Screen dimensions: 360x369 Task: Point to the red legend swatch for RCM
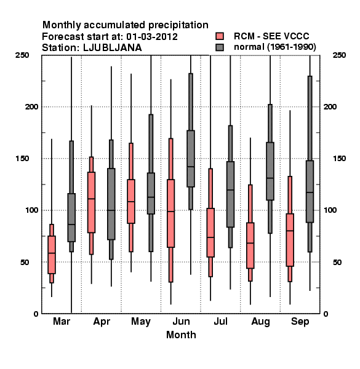click(220, 36)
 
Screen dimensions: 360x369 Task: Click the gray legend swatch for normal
click(220, 47)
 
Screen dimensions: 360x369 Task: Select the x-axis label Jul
click(220, 321)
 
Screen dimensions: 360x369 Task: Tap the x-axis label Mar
click(62, 321)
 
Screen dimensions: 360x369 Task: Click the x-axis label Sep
click(300, 322)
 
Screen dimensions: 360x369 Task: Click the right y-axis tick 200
click(330, 106)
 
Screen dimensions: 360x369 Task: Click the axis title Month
click(181, 335)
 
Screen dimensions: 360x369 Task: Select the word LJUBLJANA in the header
click(113, 48)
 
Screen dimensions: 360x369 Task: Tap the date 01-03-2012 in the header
click(152, 37)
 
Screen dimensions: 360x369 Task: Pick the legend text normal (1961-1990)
click(274, 47)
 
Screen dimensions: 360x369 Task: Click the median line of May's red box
click(131, 202)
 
